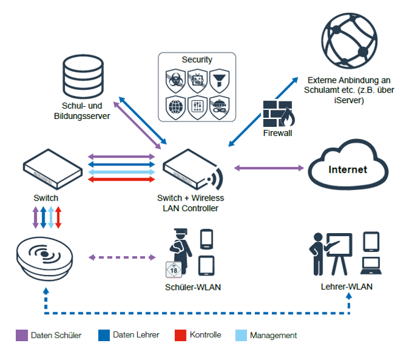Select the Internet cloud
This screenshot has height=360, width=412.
tap(347, 169)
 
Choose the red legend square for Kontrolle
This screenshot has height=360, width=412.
tap(180, 335)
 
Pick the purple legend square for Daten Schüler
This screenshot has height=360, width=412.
tap(21, 335)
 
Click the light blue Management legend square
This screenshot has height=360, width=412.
tap(241, 335)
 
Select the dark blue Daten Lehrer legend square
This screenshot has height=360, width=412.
tap(104, 335)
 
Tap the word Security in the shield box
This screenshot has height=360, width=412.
tap(197, 60)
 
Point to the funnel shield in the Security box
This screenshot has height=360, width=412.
tap(219, 80)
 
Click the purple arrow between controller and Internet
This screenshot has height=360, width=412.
tap(269, 167)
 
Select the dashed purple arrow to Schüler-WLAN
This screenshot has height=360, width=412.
tap(122, 257)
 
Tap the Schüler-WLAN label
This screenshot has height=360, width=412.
tap(192, 287)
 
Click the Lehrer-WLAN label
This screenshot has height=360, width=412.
tap(347, 286)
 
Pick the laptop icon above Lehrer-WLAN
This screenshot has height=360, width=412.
tap(371, 264)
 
